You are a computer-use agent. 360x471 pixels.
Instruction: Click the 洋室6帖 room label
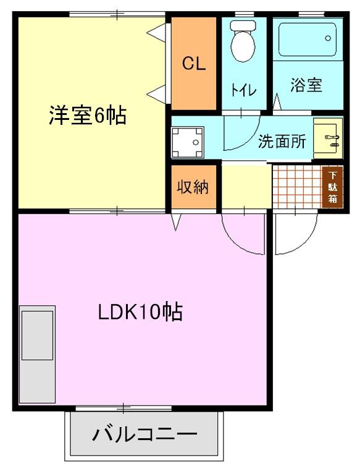tap(88, 116)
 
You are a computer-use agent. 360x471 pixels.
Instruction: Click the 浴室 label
tap(306, 85)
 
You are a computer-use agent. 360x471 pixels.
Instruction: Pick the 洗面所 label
tap(282, 142)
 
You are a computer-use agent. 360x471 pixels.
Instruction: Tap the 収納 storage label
tap(193, 187)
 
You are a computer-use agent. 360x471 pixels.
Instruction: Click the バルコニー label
tap(145, 435)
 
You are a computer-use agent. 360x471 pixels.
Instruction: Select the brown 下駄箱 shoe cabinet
tap(332, 186)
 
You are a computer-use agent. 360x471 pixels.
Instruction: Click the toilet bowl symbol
tap(242, 43)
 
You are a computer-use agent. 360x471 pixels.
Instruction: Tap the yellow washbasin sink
tap(327, 138)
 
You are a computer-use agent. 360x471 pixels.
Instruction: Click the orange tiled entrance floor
tap(296, 186)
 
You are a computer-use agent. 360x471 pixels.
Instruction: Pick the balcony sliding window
tap(123, 407)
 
